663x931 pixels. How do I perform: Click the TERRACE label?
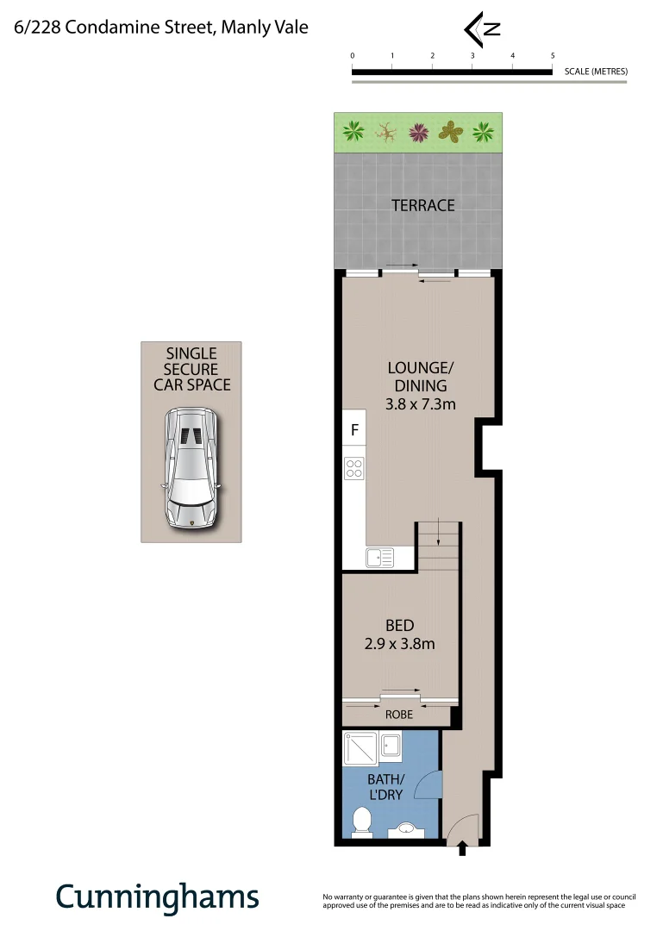pos(422,205)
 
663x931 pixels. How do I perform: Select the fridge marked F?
pos(354,428)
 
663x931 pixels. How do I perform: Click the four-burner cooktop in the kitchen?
pos(354,468)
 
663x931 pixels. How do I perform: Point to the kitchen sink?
pos(380,559)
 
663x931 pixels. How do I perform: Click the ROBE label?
pos(398,715)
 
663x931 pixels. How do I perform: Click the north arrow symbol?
pos(483,28)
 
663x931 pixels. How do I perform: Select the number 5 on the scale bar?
pos(553,55)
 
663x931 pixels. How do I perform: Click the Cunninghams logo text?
pos(157,897)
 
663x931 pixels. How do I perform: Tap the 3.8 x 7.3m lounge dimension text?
pos(421,403)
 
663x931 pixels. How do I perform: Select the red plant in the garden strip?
pos(418,132)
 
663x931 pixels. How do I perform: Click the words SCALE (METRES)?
pos(596,72)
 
